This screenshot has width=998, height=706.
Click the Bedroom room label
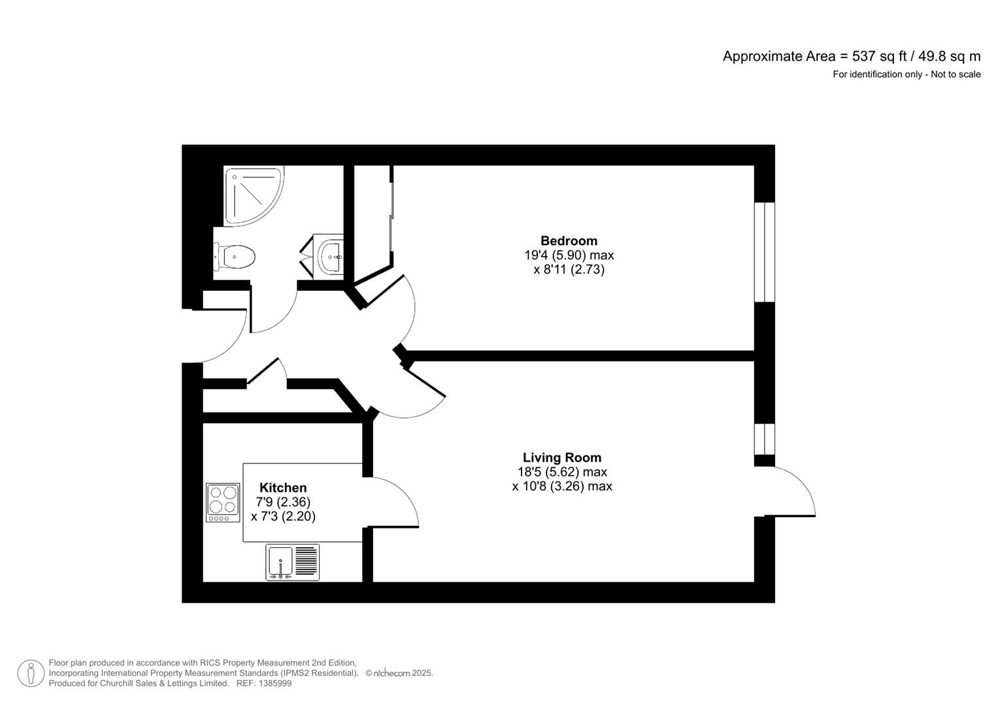568,241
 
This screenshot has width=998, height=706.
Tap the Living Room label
561,458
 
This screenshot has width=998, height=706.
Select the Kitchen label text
282,488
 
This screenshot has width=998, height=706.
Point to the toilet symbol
235,256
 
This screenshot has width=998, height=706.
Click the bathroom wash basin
330,256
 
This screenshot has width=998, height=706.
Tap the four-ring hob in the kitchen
223,502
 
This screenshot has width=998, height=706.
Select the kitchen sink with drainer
292,562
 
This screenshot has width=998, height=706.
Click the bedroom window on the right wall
764,252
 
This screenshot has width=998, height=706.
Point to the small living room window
764,439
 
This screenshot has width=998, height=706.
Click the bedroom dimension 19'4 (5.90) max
569,255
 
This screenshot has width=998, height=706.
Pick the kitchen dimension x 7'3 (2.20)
283,516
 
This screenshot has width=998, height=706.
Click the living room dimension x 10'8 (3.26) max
561,486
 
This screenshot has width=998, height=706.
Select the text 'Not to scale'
956,75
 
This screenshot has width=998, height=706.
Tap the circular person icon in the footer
31,673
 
